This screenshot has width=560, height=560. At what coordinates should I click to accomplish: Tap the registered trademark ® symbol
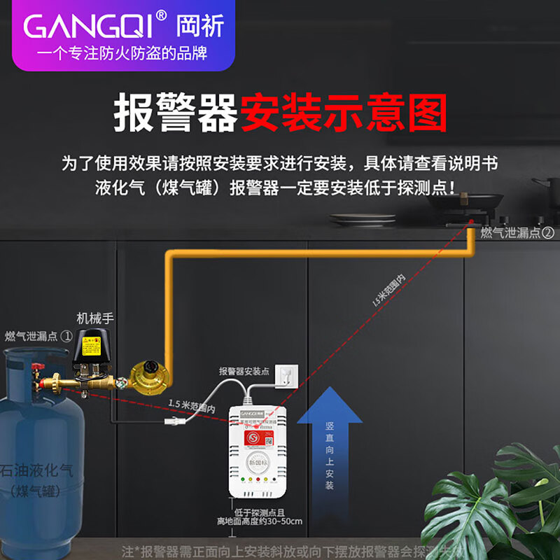pyautogui.click(x=161, y=15)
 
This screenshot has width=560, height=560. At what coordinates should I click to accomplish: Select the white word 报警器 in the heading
pyautogui.click(x=175, y=114)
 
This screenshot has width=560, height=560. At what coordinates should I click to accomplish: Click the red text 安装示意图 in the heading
pyautogui.click(x=343, y=114)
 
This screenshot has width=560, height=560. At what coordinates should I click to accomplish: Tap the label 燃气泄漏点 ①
pyautogui.click(x=38, y=336)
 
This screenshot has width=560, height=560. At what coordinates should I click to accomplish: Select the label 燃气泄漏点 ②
pyautogui.click(x=517, y=232)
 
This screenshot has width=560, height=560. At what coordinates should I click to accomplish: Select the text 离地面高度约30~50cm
pyautogui.click(x=259, y=521)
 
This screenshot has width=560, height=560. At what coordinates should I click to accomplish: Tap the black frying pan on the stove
pyautogui.click(x=465, y=203)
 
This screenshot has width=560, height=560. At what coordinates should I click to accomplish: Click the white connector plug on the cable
pyautogui.click(x=172, y=421)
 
